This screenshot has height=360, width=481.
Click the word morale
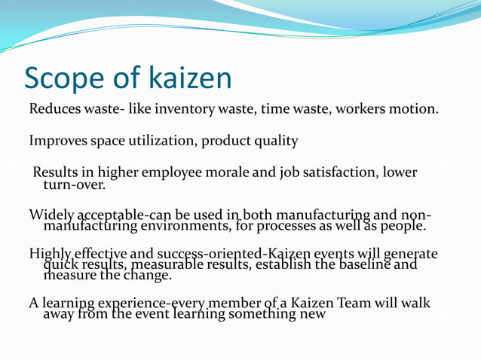point(224,173)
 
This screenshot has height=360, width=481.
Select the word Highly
point(49,255)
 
